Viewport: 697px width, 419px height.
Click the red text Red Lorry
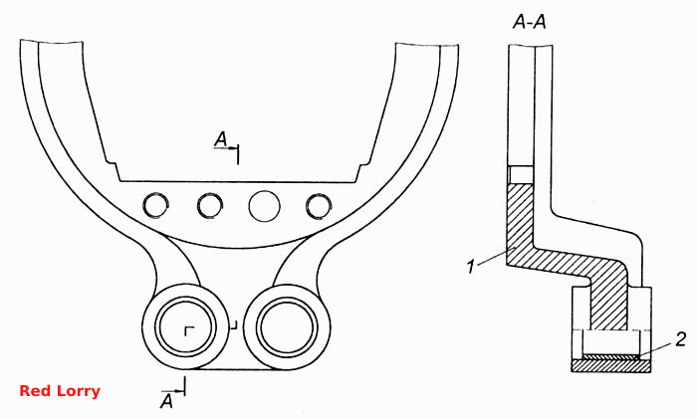60,391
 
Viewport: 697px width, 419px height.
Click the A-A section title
529,21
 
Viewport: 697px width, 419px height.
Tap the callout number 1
471,267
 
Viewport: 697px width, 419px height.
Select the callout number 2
680,339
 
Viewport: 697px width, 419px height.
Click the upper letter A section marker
221,139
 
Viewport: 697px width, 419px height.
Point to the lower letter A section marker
166,401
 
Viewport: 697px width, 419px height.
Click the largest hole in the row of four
265,206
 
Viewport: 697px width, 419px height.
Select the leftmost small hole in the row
155,205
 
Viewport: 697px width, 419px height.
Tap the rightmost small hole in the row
319,206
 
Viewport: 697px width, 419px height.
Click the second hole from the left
210,206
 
